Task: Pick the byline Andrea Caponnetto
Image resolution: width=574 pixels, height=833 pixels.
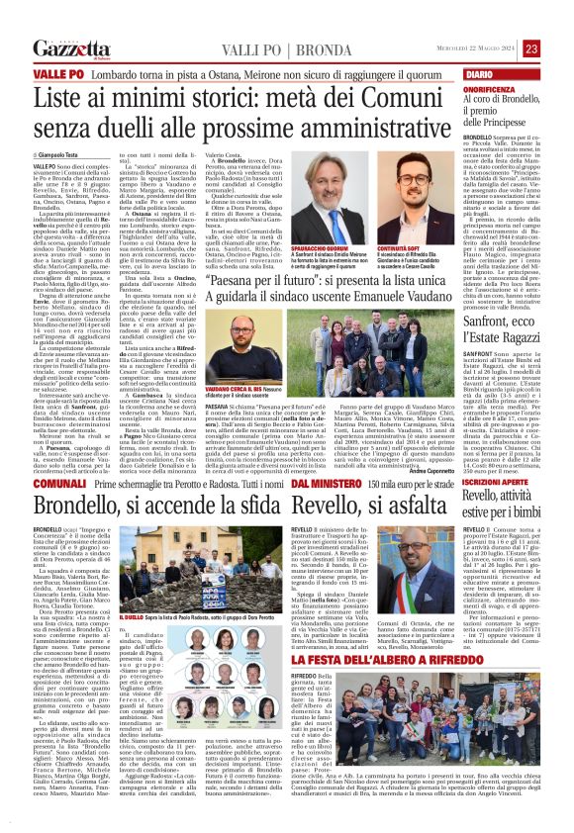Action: point(426,440)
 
